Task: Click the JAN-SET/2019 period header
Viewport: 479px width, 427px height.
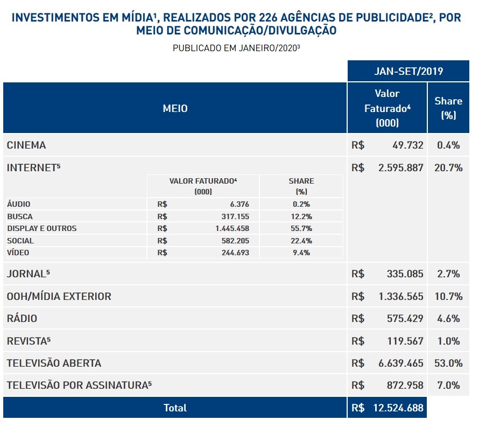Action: pos(408,71)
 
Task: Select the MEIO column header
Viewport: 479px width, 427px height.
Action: pos(175,109)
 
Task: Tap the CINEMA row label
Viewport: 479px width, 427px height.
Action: pos(26,145)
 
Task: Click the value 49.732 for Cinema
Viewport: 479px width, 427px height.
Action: pos(408,145)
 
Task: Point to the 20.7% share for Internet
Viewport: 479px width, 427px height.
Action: pos(448,167)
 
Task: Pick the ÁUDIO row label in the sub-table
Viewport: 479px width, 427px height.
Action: pos(19,204)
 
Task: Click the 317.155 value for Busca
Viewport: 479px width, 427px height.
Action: pos(235,216)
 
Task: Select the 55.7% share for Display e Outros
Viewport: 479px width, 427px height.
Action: pos(301,228)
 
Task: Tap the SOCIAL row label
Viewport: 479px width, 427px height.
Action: pos(20,241)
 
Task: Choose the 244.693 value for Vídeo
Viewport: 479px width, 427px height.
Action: pos(235,253)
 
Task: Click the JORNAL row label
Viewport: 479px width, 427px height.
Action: pos(28,274)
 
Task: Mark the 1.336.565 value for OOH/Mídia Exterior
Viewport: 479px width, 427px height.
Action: pos(401,296)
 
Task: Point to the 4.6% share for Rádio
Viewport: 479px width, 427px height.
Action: pos(448,318)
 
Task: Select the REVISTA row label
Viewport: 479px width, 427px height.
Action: pos(29,341)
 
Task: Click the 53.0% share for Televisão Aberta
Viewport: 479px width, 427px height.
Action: pos(448,363)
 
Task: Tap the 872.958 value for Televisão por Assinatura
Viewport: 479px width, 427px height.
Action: pos(405,385)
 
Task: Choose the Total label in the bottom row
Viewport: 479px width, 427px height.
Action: pos(175,408)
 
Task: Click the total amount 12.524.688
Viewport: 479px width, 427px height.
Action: pos(398,408)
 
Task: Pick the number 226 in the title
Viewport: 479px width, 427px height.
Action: pos(268,18)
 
